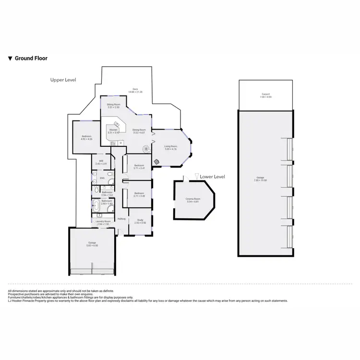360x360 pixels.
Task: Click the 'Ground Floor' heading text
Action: point(31,58)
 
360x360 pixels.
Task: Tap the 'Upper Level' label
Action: point(63,80)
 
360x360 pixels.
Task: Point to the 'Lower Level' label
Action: point(212,177)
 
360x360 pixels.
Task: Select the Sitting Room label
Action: point(113,104)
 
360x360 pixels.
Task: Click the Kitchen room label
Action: point(113,130)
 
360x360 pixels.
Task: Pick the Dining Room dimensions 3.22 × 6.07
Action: point(139,132)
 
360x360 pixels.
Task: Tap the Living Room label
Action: point(171,146)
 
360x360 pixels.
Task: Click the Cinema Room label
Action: point(192,199)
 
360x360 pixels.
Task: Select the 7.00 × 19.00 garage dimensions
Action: point(262,180)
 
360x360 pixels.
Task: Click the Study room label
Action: point(140,220)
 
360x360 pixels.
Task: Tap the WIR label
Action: point(101,161)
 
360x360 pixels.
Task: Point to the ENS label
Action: point(102,178)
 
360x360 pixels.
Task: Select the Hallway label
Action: point(122,219)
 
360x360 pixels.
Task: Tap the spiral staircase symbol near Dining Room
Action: point(156,162)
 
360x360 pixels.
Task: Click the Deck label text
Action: point(135,89)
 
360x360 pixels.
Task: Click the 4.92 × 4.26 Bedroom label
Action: point(86,137)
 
